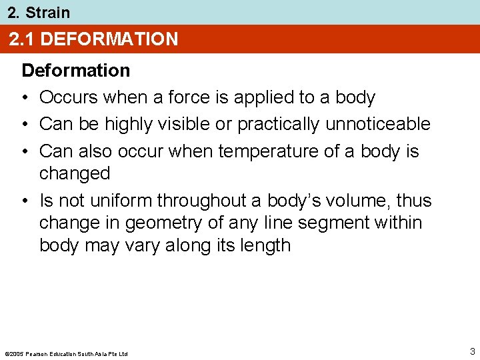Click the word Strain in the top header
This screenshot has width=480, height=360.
pos(47,12)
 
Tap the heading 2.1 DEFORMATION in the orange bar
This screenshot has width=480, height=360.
pos(93,39)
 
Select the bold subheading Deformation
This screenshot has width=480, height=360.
pos(76,70)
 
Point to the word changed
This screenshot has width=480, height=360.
pos(74,173)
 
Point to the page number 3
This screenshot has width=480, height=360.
pos(472,351)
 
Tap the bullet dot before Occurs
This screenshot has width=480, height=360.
pos(25,98)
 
